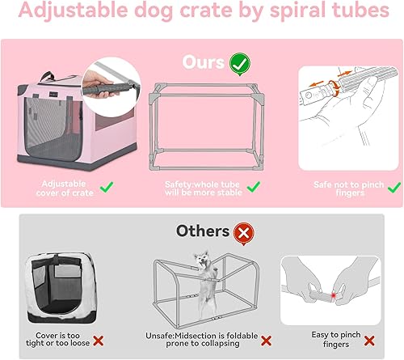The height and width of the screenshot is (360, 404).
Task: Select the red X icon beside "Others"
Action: pos(242,232)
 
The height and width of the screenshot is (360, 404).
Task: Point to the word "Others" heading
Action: pos(202,232)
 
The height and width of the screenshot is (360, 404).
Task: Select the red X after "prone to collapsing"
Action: pos(266,340)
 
